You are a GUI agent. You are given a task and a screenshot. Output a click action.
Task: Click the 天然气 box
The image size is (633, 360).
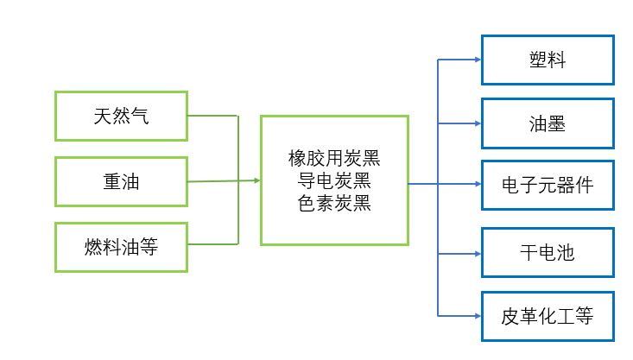point(121,115)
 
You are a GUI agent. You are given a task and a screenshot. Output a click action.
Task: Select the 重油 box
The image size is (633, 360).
point(121,181)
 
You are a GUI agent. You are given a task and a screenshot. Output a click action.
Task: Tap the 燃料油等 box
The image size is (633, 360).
point(121,248)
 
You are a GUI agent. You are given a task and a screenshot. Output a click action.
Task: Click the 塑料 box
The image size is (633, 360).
point(548,60)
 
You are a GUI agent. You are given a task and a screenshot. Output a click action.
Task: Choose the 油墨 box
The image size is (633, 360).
point(548,123)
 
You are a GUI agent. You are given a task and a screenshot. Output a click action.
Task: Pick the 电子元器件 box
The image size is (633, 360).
point(548,185)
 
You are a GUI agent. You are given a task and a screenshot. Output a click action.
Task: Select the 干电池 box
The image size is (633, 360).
point(548,252)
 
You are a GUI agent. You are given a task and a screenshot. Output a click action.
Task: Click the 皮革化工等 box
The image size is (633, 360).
point(548,316)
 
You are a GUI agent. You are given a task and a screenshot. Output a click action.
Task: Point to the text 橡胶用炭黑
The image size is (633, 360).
point(334,159)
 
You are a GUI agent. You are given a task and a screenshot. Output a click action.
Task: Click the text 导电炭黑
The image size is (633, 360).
point(334,181)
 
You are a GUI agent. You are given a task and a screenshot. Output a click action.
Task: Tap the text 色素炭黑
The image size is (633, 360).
point(334,204)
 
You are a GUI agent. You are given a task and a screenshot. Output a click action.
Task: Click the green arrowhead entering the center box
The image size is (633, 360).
point(256,180)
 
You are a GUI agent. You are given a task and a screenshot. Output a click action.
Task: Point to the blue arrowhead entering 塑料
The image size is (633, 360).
point(477,60)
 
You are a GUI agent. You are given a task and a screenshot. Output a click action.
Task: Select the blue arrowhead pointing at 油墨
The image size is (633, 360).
point(477,123)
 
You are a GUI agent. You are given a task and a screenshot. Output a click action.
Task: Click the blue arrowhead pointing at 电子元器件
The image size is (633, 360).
point(477,184)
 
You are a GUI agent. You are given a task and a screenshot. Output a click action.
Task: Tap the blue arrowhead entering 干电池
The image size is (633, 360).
point(477,253)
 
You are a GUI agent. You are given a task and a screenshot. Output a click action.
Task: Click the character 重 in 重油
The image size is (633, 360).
point(111,181)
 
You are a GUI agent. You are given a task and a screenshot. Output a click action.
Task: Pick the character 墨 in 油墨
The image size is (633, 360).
point(557,123)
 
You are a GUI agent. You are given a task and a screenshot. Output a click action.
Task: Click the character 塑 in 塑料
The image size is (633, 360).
point(538,60)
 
